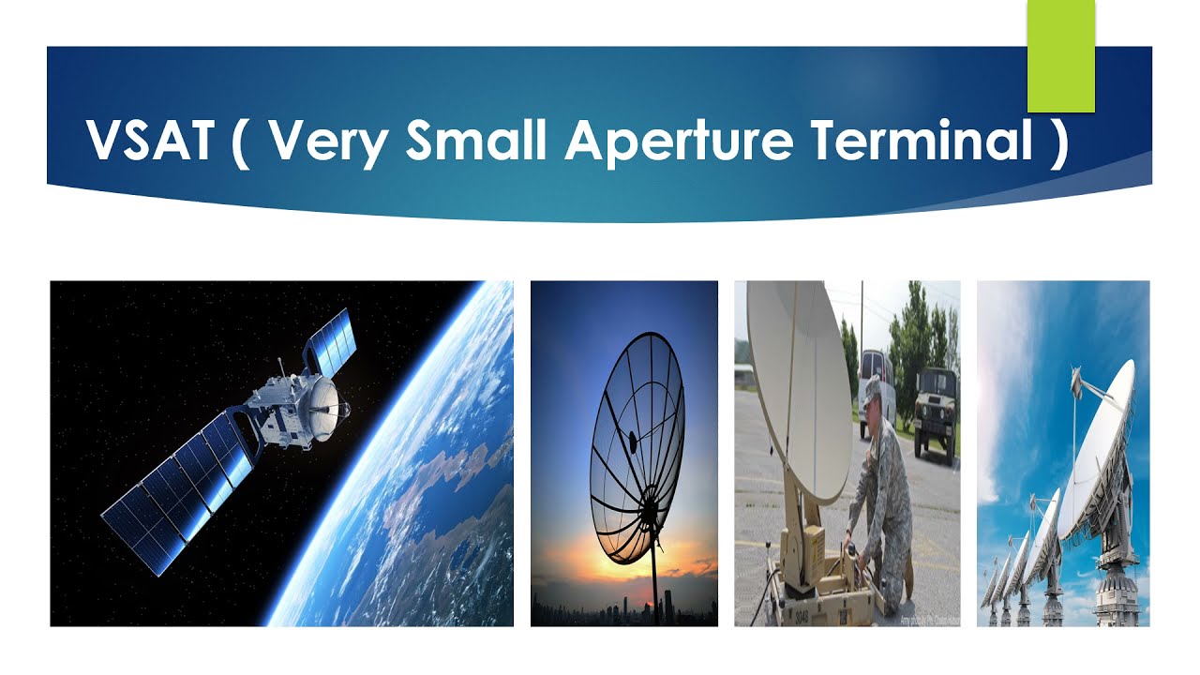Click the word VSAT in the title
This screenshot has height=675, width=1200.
tap(149, 141)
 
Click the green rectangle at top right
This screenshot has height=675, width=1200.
tap(1061, 56)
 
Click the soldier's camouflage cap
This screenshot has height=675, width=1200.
tap(871, 387)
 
